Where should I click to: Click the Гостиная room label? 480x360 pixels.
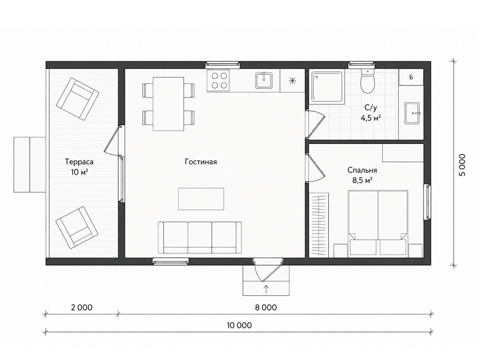[x=201, y=162]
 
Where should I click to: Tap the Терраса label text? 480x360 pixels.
[x=79, y=162]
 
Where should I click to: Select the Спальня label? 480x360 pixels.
[x=362, y=170]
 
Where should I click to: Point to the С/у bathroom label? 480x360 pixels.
[x=371, y=108]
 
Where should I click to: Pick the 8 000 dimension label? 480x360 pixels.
[x=266, y=308]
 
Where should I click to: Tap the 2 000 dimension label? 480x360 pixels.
[x=82, y=308]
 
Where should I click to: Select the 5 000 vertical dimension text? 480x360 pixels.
[x=462, y=165]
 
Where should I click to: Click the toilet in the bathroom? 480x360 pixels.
[x=368, y=81]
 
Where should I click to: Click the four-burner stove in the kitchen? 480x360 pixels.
[x=218, y=80]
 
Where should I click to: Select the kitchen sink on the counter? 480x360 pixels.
[x=264, y=81]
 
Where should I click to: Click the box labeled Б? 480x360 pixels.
[x=411, y=77]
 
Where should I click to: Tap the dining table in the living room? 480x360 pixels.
[x=168, y=104]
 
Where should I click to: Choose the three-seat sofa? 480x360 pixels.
[x=200, y=238]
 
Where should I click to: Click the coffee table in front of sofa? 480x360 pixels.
[x=201, y=199]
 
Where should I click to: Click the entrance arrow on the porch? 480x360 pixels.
[x=266, y=289]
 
